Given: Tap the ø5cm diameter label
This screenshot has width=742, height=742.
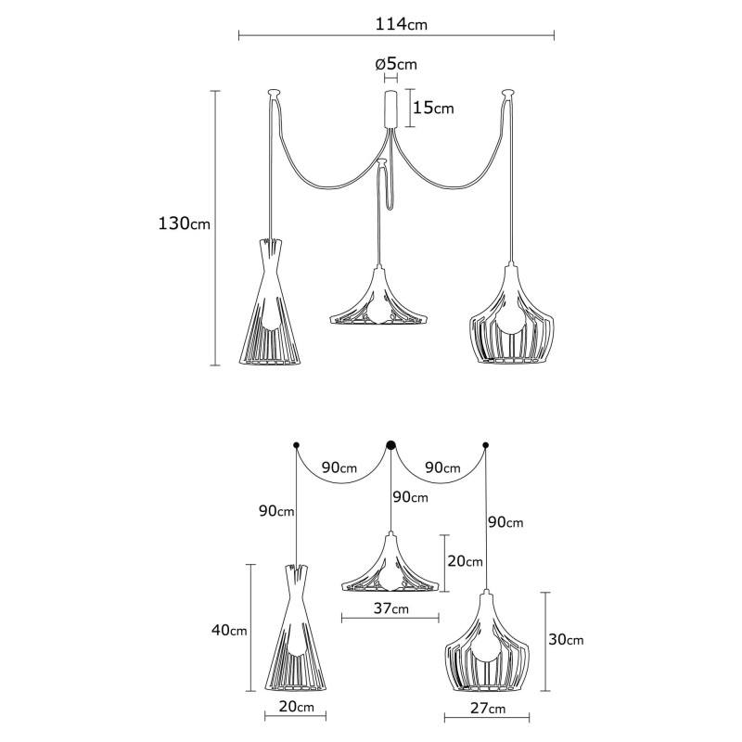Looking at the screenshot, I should (396, 64).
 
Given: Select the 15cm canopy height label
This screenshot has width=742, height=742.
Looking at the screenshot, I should (433, 108).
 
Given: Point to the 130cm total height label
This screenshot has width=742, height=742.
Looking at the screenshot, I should (185, 224).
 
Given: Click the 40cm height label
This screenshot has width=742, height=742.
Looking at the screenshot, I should (229, 631).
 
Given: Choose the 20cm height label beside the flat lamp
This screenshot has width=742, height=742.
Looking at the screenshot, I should (465, 561).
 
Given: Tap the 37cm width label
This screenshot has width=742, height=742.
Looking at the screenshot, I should (390, 609).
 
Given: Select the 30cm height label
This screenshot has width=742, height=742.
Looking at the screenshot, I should (565, 640).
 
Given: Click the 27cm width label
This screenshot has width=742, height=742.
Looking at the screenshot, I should (488, 710).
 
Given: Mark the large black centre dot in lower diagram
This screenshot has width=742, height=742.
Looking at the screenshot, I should (390, 445).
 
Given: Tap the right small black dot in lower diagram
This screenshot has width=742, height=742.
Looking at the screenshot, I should (486, 446).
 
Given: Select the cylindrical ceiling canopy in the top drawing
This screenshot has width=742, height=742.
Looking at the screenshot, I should (390, 109).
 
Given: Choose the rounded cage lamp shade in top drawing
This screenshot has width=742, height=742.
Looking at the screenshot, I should (509, 320).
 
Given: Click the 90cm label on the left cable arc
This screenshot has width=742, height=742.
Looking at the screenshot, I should (340, 467).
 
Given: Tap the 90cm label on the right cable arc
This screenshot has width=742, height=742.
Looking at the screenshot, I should (443, 467).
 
